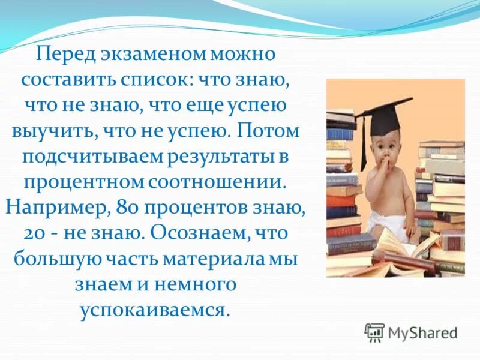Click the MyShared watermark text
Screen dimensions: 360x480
coord(423,332)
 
